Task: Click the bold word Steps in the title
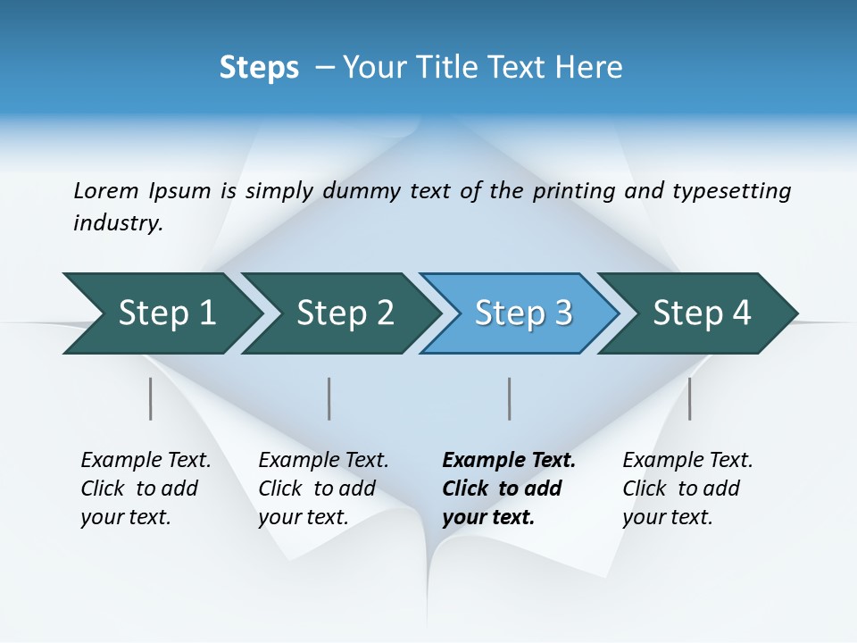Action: (x=259, y=68)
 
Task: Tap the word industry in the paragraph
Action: (x=118, y=223)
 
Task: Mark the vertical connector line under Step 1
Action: (x=151, y=398)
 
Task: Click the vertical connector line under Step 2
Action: (x=329, y=398)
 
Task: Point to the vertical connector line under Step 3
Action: (x=510, y=398)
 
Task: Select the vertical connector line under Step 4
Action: (x=690, y=398)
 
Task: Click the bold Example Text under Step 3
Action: (x=509, y=461)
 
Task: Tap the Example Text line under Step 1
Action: (x=146, y=461)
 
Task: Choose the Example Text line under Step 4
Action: (x=687, y=461)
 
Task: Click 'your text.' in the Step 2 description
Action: (x=304, y=518)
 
